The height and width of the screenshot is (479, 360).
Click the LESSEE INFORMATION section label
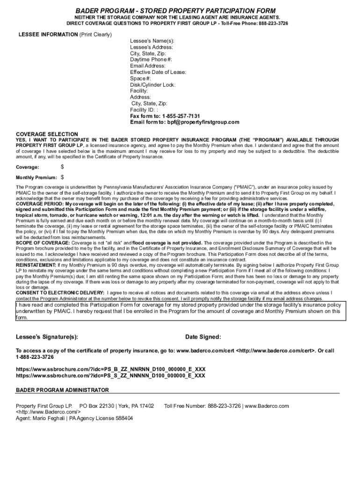click(x=48, y=35)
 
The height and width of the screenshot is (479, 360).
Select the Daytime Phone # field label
click(x=151, y=60)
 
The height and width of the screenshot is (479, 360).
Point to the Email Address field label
click(x=148, y=66)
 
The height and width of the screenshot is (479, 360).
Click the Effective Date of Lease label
click(x=158, y=72)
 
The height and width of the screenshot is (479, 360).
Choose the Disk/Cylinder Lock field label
click(x=152, y=85)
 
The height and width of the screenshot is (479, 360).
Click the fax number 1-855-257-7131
click(x=181, y=116)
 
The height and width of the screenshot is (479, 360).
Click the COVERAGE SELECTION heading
click(x=47, y=134)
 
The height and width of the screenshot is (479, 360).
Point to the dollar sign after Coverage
click(x=63, y=167)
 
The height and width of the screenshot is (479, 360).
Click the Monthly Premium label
click(x=36, y=178)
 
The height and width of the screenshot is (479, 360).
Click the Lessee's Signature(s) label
click(x=47, y=337)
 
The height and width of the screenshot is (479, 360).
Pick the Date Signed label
click(x=203, y=337)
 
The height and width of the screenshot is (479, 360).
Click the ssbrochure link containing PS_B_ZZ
click(x=110, y=369)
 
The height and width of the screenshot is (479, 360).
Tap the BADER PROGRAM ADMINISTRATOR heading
click(x=62, y=390)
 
